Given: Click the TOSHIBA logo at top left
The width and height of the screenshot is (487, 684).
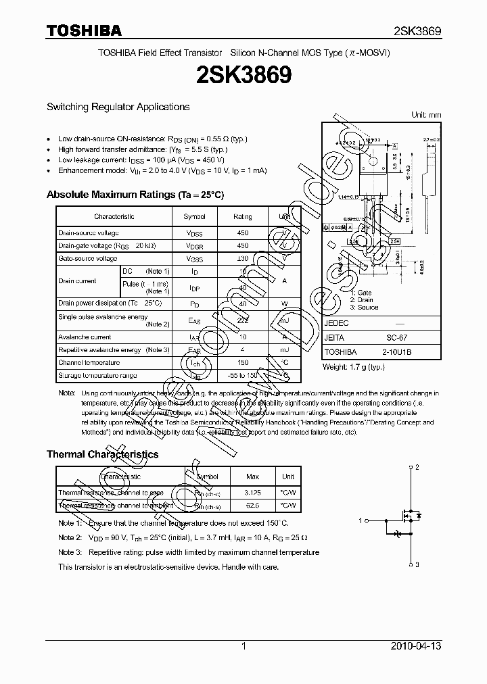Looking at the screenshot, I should click(84, 30).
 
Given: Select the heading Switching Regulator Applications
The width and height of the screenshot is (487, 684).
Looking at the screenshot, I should click(118, 107).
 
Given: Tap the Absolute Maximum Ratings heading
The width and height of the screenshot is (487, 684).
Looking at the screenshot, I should click(135, 195).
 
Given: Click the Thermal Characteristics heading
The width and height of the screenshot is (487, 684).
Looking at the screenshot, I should click(102, 454).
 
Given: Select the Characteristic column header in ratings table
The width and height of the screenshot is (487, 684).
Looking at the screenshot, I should click(114, 216).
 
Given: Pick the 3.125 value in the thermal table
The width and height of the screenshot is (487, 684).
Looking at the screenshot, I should click(252, 493).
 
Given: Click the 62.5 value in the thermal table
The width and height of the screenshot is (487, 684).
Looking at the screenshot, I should click(252, 505).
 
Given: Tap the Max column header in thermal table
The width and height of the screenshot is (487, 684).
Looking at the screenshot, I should click(252, 477).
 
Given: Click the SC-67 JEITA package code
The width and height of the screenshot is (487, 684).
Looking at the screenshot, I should click(396, 337).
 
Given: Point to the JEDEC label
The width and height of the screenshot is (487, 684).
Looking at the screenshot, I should click(336, 323).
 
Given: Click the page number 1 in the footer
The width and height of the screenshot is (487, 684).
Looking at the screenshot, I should click(243, 646).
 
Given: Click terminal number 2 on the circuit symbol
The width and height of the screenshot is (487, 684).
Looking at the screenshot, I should click(418, 467).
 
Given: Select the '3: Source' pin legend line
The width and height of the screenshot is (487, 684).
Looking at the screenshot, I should click(364, 308).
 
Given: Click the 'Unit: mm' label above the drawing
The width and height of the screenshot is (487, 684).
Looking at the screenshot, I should click(426, 115).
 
